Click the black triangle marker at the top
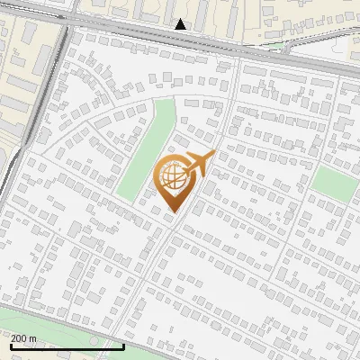click(x=181, y=24)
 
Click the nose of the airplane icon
click(x=211, y=155)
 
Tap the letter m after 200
click(x=33, y=337)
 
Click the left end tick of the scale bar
click(x=10, y=345)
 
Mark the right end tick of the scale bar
click(x=123, y=345)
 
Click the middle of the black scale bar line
click(x=67, y=346)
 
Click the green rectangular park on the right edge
click(x=335, y=183)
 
